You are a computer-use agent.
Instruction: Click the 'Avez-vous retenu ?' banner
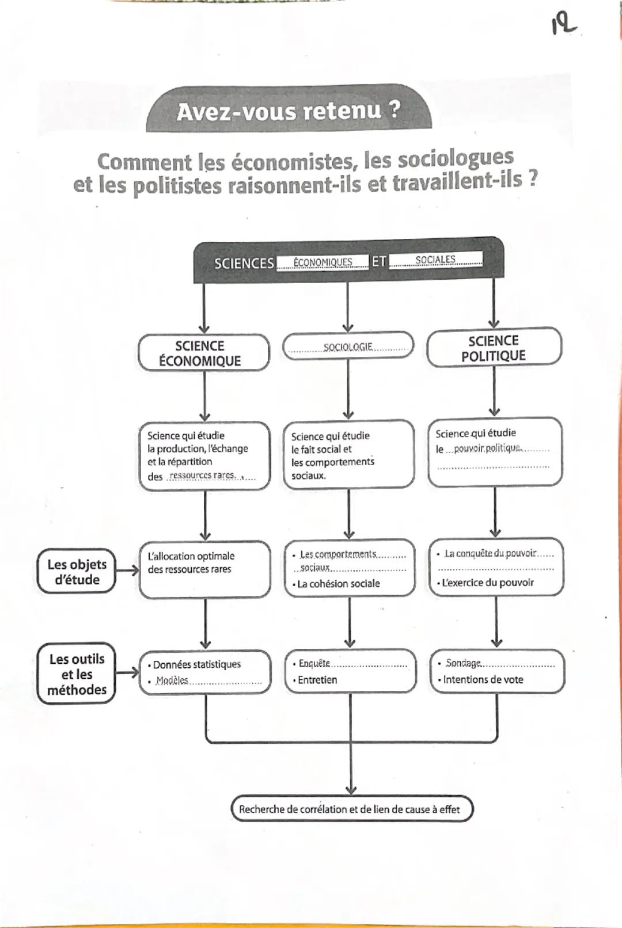click(289, 110)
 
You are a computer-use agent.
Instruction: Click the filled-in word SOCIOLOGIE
click(348, 347)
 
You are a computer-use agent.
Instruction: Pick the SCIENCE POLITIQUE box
click(494, 348)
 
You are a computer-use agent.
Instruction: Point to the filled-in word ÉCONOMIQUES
click(323, 262)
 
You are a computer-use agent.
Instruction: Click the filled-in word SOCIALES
click(435, 260)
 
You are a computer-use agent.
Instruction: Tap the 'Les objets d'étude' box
click(77, 572)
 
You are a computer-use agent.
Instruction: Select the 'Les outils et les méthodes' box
click(77, 674)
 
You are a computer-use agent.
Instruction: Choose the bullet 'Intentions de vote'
click(483, 679)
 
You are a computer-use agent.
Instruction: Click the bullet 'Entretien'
click(317, 679)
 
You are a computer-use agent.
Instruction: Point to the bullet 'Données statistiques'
click(196, 664)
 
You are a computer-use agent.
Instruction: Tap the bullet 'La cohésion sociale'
click(338, 583)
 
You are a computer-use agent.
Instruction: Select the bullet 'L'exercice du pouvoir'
click(487, 582)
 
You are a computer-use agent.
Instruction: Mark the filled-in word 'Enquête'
click(314, 663)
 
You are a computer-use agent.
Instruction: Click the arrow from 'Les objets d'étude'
click(127, 571)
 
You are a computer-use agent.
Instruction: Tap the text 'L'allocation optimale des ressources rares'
click(191, 562)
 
